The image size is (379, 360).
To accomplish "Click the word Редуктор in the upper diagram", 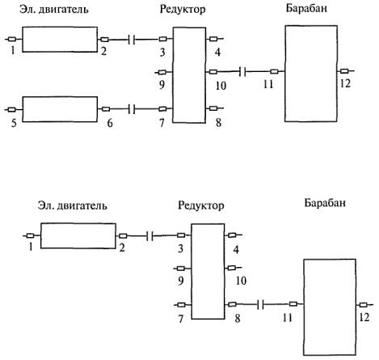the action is (x=183, y=10).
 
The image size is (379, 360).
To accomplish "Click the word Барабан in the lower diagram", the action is (x=325, y=202).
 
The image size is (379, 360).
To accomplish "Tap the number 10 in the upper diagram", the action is (x=221, y=86).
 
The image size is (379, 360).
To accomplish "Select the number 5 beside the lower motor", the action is (x=14, y=123).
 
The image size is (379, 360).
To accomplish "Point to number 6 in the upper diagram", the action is (x=110, y=123).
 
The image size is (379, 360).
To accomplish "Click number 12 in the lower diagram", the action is (x=364, y=317).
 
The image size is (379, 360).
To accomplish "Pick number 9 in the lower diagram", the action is (x=181, y=281).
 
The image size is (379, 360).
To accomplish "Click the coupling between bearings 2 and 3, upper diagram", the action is (x=132, y=40).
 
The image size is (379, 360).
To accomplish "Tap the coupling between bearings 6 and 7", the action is (x=132, y=109).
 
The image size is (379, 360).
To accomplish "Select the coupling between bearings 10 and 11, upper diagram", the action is (x=242, y=72).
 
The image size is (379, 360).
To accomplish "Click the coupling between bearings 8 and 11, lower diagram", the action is (x=260, y=305).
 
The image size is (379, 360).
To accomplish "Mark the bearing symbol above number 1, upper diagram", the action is (x=12, y=40).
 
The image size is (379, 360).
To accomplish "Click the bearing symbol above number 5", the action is (x=11, y=109).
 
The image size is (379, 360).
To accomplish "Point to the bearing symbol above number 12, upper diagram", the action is (x=344, y=71).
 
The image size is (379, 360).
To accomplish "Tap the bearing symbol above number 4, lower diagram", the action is (x=232, y=235).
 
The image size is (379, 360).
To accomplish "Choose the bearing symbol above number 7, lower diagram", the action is (x=182, y=305).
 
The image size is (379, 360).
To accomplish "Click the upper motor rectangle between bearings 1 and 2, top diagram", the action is (x=60, y=40).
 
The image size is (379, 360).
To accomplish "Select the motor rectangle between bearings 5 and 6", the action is (x=60, y=109).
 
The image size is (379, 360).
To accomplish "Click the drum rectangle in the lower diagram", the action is (x=330, y=307).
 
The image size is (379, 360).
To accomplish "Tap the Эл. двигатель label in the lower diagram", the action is (x=73, y=205).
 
